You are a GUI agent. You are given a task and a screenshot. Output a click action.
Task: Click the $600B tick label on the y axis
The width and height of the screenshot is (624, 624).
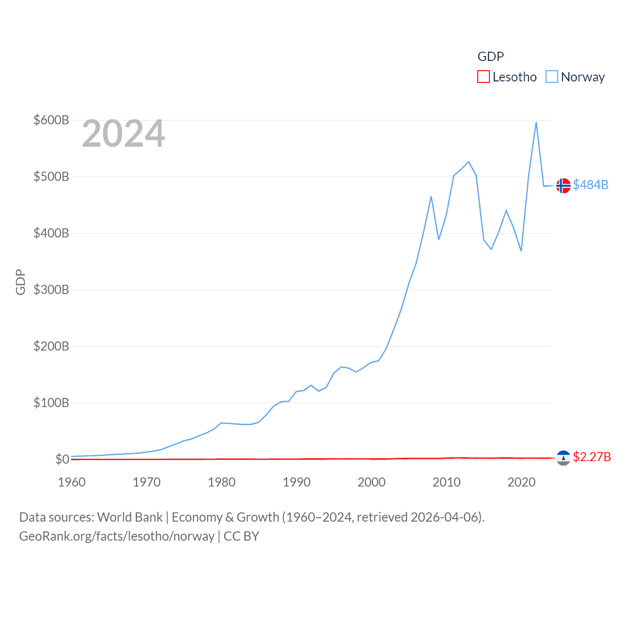tap(51, 120)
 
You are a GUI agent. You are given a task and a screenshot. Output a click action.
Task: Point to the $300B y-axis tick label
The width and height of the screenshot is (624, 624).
tap(51, 290)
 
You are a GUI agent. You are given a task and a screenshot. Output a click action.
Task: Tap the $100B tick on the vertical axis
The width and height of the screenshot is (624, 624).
tap(51, 403)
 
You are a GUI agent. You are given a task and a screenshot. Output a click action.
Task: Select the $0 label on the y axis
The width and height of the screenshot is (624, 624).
tap(62, 459)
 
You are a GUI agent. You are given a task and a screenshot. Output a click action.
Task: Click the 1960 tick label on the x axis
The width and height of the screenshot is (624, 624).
tap(72, 482)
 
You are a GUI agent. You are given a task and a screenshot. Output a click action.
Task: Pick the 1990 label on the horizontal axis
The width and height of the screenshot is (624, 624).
tap(296, 482)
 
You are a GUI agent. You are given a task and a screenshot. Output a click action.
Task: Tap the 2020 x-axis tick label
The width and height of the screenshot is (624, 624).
tap(521, 482)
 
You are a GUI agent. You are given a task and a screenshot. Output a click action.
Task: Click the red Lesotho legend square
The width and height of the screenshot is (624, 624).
tap(483, 77)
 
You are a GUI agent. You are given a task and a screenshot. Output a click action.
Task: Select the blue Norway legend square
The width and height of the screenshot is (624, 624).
tap(551, 77)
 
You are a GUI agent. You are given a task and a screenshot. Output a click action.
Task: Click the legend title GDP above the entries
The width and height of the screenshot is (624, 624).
tap(490, 57)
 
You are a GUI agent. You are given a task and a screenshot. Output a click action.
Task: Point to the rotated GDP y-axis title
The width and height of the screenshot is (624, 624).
tap(20, 282)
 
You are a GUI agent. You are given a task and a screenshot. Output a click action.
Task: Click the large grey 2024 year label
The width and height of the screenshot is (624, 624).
tap(123, 134)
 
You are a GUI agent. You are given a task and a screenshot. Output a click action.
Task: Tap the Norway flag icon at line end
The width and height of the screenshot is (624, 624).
tap(563, 185)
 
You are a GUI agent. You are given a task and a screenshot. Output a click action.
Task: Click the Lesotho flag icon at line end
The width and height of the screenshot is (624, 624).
tap(563, 457)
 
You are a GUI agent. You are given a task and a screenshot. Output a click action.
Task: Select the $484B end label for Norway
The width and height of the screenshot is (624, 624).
tap(590, 185)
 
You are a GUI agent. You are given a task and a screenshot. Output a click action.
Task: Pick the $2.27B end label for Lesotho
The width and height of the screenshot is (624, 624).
tap(592, 457)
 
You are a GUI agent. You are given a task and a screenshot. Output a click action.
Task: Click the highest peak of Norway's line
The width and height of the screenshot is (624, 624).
tap(536, 122)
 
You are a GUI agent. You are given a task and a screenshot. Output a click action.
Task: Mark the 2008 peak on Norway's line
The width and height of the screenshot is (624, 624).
tap(431, 196)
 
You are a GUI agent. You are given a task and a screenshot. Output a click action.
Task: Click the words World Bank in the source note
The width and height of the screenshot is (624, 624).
tap(130, 517)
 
